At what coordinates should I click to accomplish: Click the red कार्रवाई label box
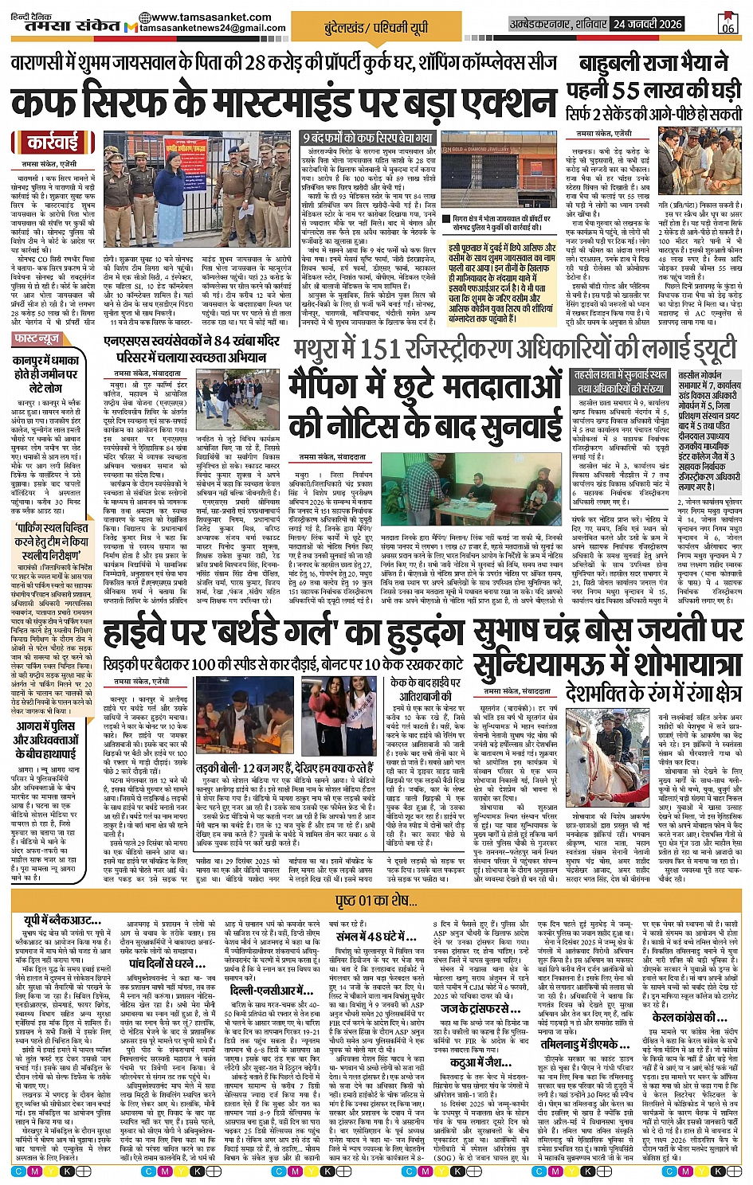(x=53, y=143)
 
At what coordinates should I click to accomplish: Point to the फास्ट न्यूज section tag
(x=37, y=339)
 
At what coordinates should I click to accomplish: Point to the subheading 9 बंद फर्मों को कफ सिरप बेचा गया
(x=368, y=138)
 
